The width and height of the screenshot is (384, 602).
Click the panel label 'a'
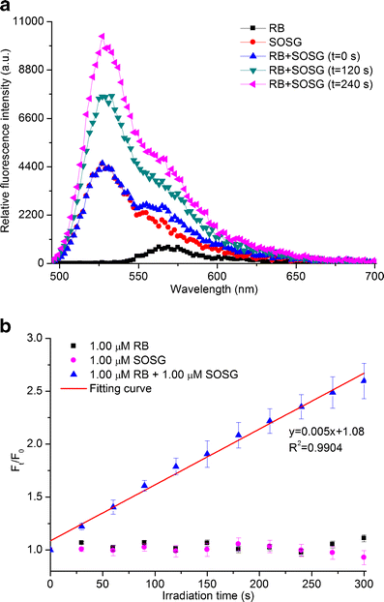[7, 8]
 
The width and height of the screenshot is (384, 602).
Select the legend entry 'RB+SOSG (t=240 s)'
[309, 97]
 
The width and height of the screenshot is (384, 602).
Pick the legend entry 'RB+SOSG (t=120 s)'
[309, 83]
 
